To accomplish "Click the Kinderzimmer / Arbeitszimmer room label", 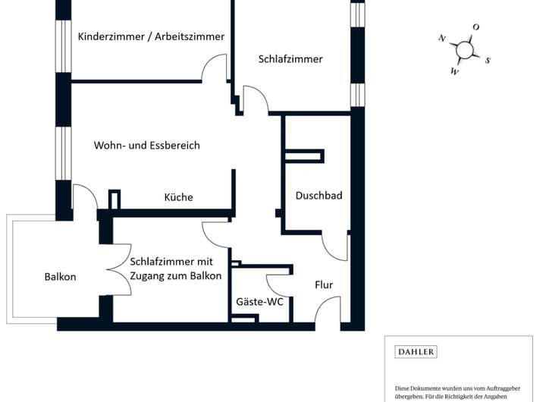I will coord(151,36).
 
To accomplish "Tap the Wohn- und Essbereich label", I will coord(147,145).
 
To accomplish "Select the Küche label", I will coord(178,197).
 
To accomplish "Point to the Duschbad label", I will coord(318,196).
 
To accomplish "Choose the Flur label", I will coord(324,285).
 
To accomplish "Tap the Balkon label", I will coord(61,277).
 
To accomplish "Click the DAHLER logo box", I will coord(416,352).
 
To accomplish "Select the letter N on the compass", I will coord(441,38).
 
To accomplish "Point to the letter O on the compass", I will coord(475,27).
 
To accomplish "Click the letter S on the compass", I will coord(488,61).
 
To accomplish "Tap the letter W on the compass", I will coord(454,72).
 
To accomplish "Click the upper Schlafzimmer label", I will coord(290,59).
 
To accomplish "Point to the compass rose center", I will coord(465,50).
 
